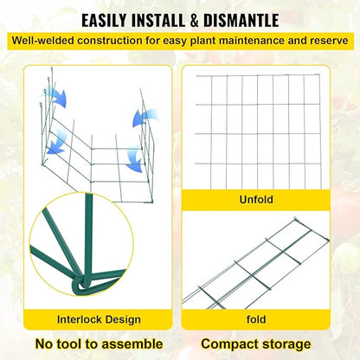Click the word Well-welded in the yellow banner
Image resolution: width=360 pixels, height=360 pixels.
pos(51,41)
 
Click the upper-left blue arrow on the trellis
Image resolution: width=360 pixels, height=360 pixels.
pos(58,97)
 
